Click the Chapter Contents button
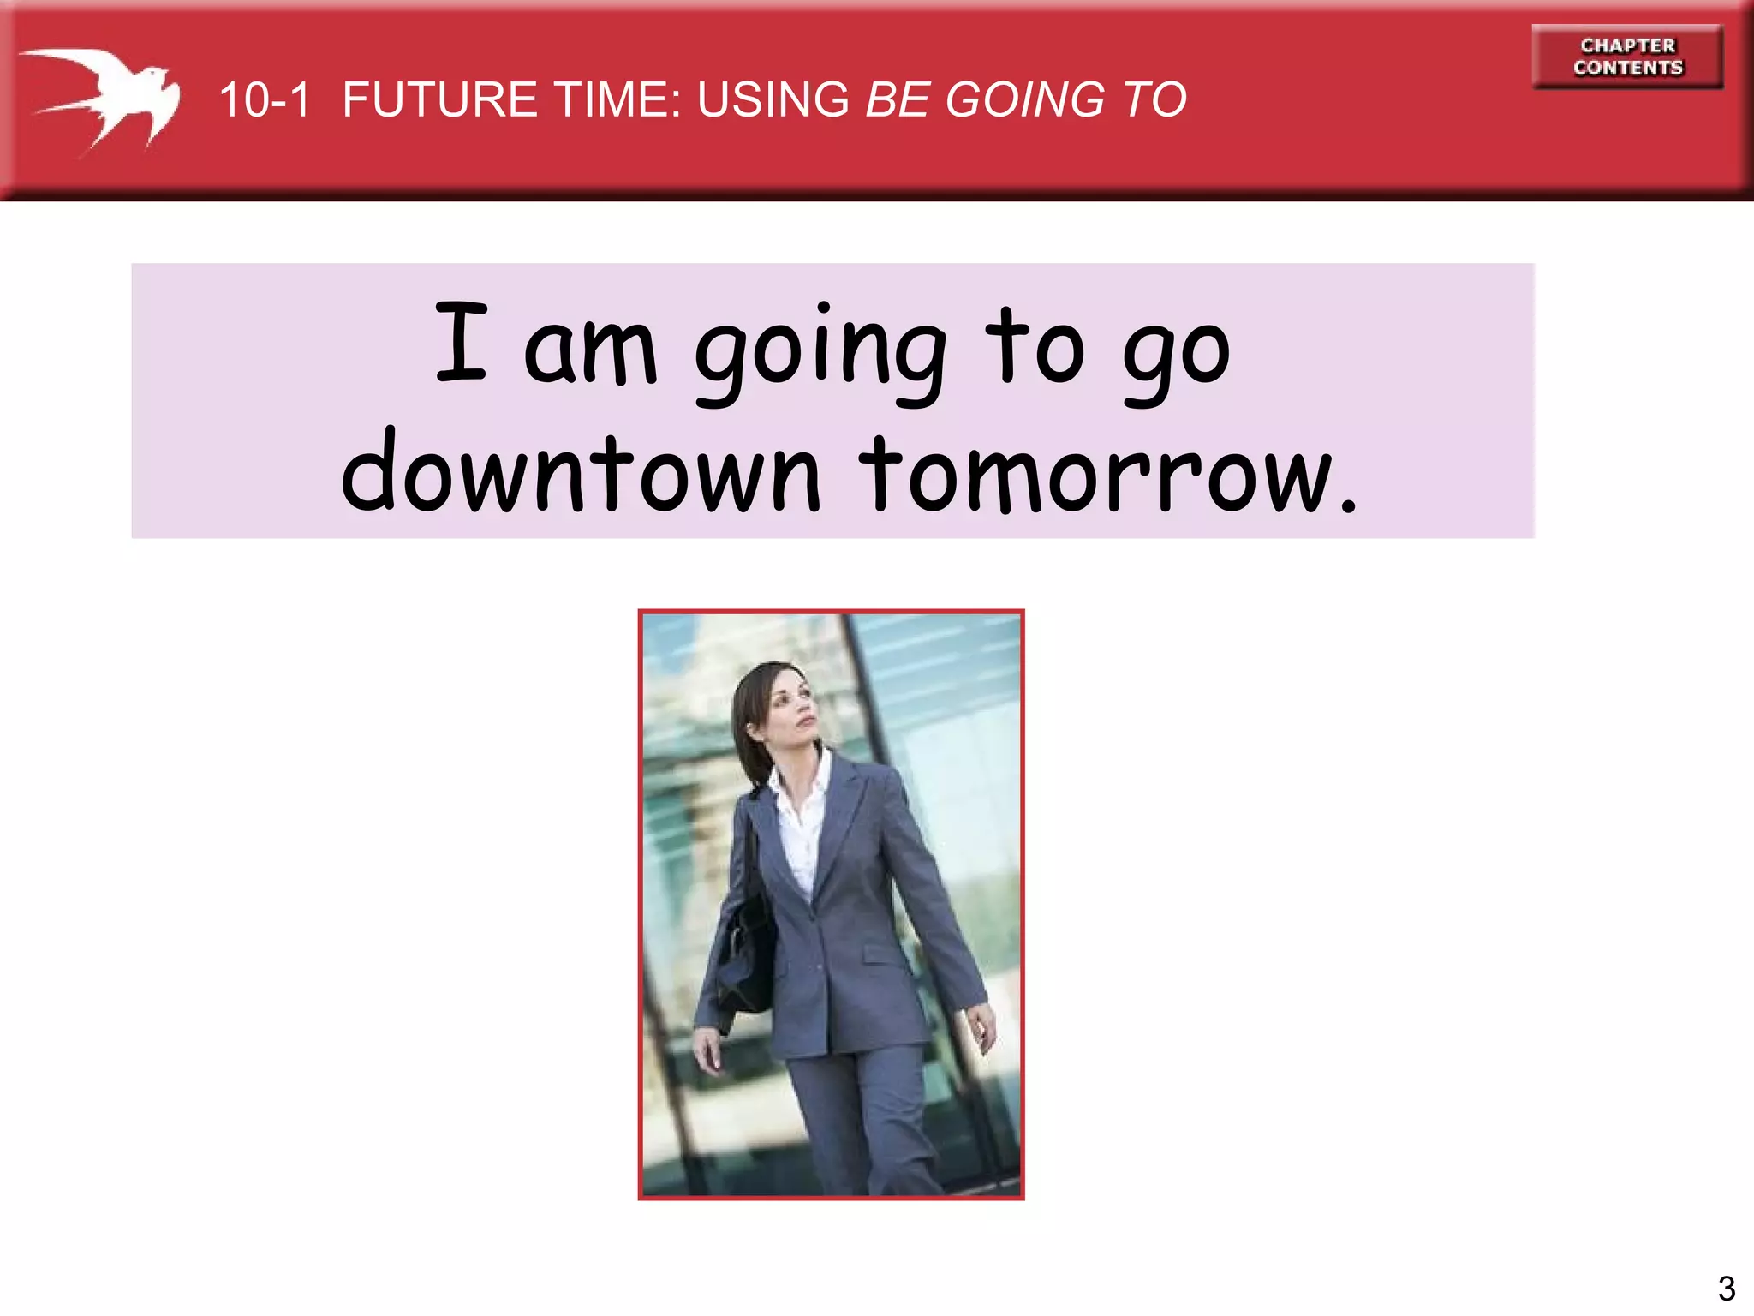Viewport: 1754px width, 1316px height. tap(1627, 57)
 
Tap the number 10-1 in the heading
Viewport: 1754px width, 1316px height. tap(264, 100)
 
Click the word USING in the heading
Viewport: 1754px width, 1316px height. tap(773, 100)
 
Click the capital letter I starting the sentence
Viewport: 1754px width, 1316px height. tap(462, 342)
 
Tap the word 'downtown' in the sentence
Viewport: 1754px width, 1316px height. tap(582, 474)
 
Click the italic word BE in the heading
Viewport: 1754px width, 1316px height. tap(898, 100)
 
